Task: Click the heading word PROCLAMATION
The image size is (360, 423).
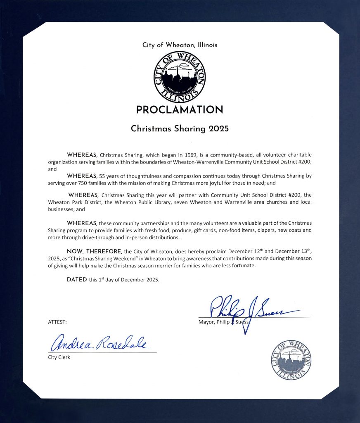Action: click(x=180, y=110)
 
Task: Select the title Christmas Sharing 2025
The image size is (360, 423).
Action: click(x=180, y=128)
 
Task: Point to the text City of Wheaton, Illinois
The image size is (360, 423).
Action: click(x=180, y=45)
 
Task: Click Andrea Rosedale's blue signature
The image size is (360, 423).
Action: click(x=98, y=343)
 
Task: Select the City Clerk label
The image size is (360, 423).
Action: click(x=59, y=357)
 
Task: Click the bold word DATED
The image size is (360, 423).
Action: click(x=77, y=280)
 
